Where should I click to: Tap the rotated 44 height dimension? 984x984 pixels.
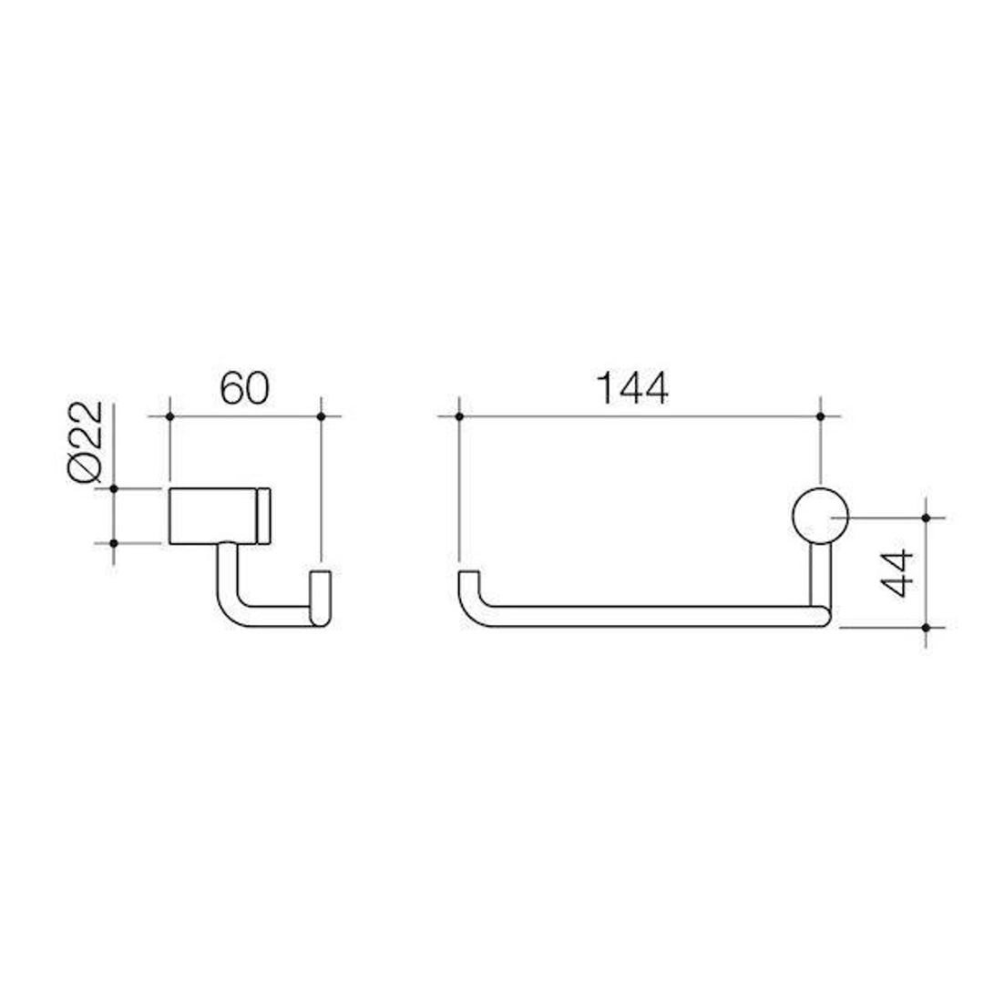coord(898,572)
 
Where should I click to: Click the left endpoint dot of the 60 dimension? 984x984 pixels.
coord(169,416)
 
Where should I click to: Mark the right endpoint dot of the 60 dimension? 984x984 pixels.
coord(321,416)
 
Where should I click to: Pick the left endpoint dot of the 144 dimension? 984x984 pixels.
coord(459,416)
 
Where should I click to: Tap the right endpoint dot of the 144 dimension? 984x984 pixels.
coord(821,416)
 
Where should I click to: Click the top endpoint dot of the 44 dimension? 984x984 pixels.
coord(926,518)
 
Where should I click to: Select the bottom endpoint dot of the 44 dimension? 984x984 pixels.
coord(926,628)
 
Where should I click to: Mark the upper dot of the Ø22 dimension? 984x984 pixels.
coord(113,489)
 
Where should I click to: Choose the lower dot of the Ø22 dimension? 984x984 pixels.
coord(113,544)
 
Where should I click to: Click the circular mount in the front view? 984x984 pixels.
coord(821,517)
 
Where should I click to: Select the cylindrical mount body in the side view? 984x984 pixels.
coord(215,517)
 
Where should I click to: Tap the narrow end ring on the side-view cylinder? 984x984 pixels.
coord(265,517)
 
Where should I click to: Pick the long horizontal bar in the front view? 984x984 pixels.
coord(647,617)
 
